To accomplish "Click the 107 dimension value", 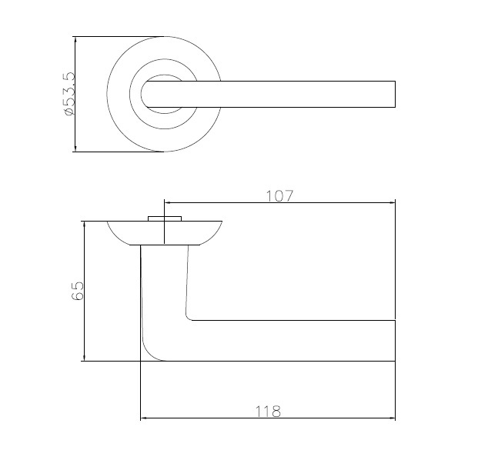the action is (279, 196).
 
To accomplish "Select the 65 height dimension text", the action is (78, 291).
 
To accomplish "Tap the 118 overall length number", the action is (268, 412).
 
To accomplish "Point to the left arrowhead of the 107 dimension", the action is (167, 202).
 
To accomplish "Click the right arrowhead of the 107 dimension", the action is (392, 202).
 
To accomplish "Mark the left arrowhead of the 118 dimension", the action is (143, 418).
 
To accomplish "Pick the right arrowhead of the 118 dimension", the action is (392, 418).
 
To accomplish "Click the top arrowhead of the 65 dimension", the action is (84, 225).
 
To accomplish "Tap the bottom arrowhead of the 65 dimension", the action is (84, 358).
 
